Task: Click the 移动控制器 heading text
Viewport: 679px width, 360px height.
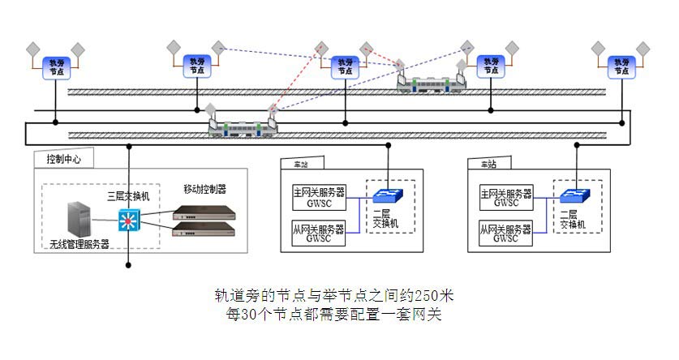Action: pyautogui.click(x=204, y=189)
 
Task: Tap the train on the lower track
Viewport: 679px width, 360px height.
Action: pyautogui.click(x=242, y=127)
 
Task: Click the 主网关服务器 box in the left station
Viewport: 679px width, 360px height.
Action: pyautogui.click(x=318, y=197)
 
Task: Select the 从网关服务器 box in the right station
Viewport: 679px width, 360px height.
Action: pyautogui.click(x=505, y=234)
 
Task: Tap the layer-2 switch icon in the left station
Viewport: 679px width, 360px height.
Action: pyautogui.click(x=384, y=197)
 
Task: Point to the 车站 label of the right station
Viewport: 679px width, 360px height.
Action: pyautogui.click(x=488, y=164)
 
